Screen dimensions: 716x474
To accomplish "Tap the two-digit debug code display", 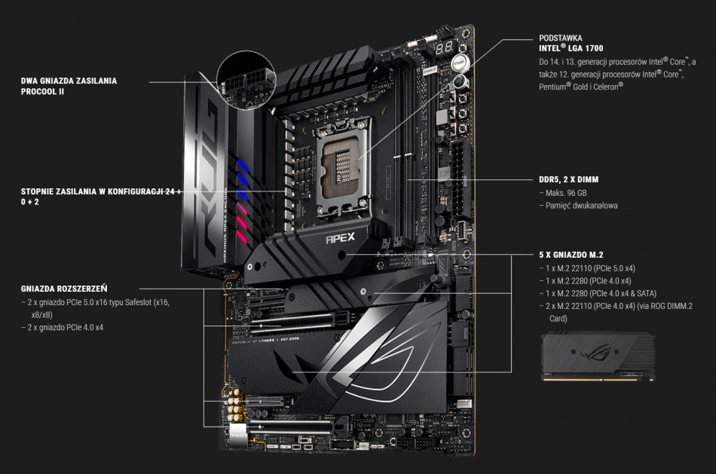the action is (x=444, y=47).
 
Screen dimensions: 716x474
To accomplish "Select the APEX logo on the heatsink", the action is (x=340, y=238).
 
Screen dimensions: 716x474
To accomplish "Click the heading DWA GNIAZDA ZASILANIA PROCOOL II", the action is (x=69, y=86).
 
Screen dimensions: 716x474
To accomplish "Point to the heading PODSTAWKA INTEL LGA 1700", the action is (x=571, y=43).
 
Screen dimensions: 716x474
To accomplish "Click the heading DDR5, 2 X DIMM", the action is (x=568, y=179).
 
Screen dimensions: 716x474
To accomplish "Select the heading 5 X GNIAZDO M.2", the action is (x=571, y=255).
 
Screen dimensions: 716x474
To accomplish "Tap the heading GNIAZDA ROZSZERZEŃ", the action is (x=64, y=289).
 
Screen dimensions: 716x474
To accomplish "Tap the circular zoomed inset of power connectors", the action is (x=246, y=81).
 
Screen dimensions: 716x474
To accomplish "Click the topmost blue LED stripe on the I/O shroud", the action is (x=243, y=166).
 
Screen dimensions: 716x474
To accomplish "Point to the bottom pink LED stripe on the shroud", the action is (x=243, y=237).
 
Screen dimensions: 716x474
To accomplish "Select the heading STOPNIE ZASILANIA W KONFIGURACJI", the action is (x=100, y=191).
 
